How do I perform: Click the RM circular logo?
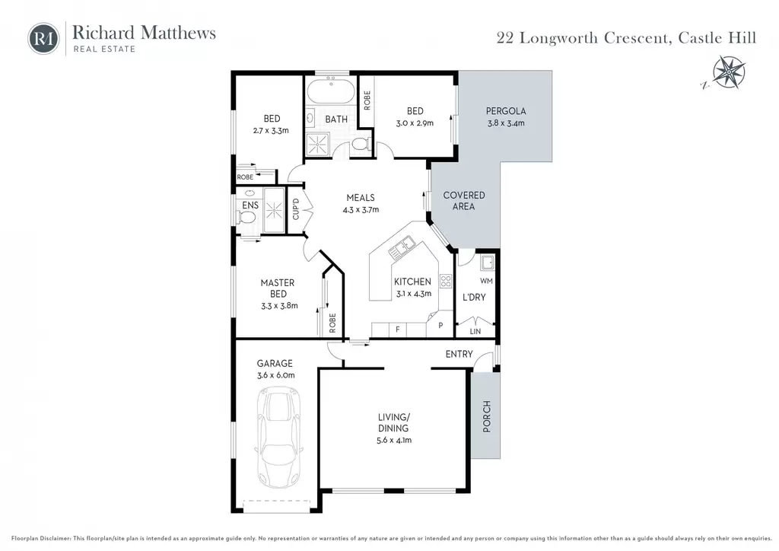(43, 39)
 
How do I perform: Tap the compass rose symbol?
(728, 72)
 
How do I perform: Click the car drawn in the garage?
(278, 438)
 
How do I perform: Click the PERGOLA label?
(506, 111)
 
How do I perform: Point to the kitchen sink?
(402, 247)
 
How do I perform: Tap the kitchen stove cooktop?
(446, 282)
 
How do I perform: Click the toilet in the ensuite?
(247, 217)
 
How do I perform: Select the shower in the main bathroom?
(317, 144)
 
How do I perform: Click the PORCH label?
(487, 416)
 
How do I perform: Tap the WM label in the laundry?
(486, 281)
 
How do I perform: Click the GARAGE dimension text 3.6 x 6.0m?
(275, 375)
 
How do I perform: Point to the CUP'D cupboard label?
(296, 209)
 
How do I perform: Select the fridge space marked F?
(397, 330)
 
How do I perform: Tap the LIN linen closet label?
(475, 331)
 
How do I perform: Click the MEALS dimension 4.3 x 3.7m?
(361, 209)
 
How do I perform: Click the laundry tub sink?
(487, 262)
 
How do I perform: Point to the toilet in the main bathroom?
(359, 144)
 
